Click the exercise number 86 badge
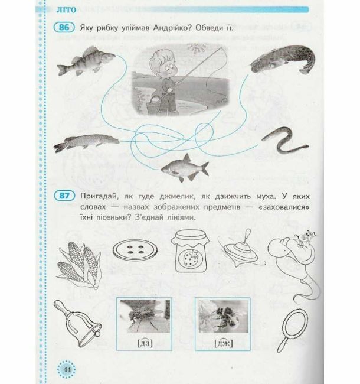point(64,27)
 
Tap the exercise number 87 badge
point(64,196)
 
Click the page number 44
point(67,369)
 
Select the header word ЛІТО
point(66,10)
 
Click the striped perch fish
point(86,61)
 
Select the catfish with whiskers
point(283,59)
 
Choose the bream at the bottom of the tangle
point(185,168)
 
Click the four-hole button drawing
point(135,250)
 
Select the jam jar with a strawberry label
point(190,251)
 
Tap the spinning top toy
point(241,250)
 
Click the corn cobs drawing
point(78,265)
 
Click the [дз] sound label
point(145,343)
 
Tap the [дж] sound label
point(223,343)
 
